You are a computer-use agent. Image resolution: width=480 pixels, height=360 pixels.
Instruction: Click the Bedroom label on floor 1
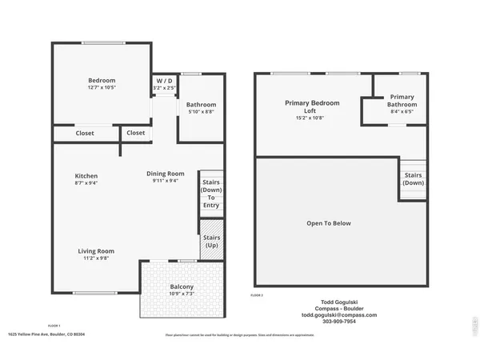102,80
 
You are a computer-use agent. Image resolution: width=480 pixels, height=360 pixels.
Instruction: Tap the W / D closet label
164,81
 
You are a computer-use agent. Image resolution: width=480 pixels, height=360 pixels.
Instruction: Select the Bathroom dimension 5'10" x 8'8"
201,112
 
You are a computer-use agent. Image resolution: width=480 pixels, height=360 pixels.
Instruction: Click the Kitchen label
86,175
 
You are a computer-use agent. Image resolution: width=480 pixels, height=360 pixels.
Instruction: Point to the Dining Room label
165,174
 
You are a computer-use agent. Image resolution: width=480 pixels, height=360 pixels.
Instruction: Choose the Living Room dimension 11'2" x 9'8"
95,258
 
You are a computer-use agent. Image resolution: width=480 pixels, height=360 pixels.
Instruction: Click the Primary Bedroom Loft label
312,107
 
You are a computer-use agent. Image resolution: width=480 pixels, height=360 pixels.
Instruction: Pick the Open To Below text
329,223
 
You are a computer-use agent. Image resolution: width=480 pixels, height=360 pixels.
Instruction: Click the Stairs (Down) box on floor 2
414,178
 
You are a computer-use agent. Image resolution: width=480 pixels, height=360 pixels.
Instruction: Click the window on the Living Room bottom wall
93,293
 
